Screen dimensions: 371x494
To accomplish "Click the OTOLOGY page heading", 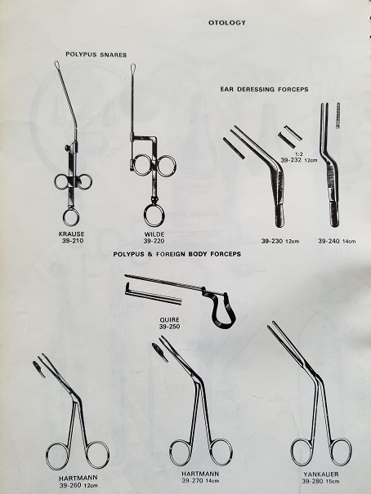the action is (226, 23).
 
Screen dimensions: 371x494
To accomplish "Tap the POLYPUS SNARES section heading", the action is (96, 55).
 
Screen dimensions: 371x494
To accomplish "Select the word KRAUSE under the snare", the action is (72, 234).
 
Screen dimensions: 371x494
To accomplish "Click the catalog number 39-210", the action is (73, 241).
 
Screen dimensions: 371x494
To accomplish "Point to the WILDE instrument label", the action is (154, 234).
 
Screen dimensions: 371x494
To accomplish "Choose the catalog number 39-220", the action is (154, 241).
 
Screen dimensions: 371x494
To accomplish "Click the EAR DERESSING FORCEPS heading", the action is (264, 89).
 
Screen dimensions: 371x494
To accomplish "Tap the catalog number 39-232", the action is (291, 160).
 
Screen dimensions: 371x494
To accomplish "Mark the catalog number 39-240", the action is (329, 241).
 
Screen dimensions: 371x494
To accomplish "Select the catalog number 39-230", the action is (271, 242).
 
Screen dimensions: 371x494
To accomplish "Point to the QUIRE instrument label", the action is (169, 320).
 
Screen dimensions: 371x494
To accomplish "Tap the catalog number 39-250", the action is (170, 327).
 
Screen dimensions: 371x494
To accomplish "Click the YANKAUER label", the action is (321, 474).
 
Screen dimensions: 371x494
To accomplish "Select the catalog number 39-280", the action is (312, 481).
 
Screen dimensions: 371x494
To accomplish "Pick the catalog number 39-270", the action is (192, 480).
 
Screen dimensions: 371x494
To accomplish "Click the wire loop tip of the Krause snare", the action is (57, 65).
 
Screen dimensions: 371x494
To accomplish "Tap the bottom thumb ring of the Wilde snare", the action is (154, 216).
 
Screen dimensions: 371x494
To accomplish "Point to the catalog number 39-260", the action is (70, 485).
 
